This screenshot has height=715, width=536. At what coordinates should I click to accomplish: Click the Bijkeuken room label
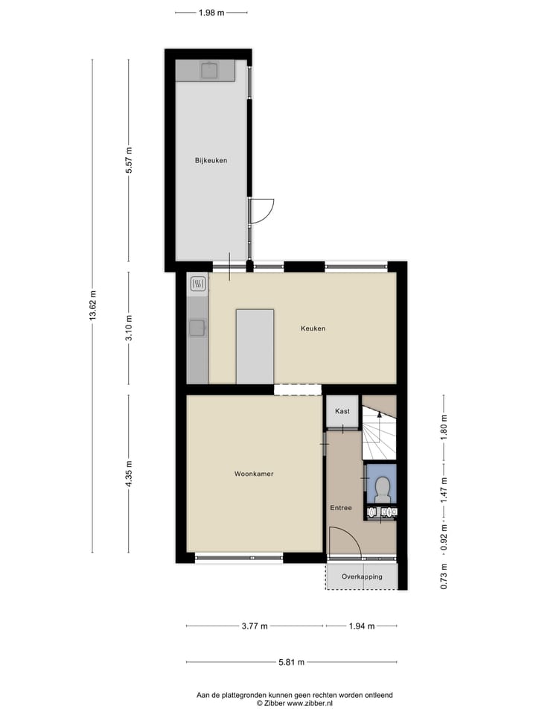pyautogui.click(x=211, y=160)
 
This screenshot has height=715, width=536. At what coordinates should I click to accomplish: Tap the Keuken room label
pyautogui.click(x=313, y=328)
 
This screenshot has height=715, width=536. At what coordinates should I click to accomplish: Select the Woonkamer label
pyautogui.click(x=253, y=474)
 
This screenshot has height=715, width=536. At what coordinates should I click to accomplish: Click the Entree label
pyautogui.click(x=341, y=508)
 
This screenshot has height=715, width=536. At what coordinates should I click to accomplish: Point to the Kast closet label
pyautogui.click(x=342, y=411)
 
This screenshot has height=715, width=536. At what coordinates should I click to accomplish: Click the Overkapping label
pyautogui.click(x=362, y=577)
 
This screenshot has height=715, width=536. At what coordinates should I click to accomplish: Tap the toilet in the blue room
pyautogui.click(x=382, y=488)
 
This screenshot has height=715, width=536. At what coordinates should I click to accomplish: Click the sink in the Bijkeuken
pyautogui.click(x=209, y=71)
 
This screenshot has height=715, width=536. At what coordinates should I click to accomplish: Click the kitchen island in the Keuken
pyautogui.click(x=255, y=346)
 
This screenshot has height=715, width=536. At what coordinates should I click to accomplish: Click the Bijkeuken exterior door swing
pyautogui.click(x=262, y=211)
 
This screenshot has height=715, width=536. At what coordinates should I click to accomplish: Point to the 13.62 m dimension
pyautogui.click(x=93, y=305)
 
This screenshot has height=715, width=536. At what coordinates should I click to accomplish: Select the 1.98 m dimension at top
pyautogui.click(x=211, y=13)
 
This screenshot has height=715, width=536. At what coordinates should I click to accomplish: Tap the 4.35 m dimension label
pyautogui.click(x=129, y=474)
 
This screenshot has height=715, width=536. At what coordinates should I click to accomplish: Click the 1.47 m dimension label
pyautogui.click(x=444, y=492)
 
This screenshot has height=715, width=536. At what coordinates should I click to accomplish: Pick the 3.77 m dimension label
pyautogui.click(x=255, y=626)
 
